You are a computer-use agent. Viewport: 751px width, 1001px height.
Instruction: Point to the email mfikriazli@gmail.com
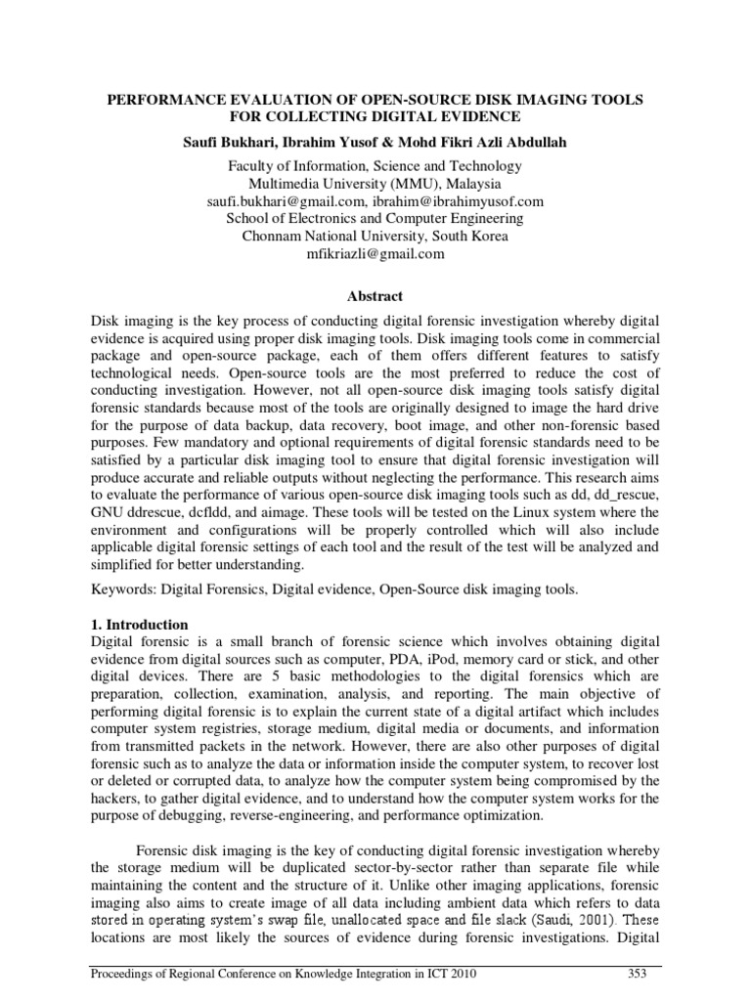[x=375, y=254]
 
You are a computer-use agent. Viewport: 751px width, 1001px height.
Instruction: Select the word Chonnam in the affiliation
[x=272, y=237]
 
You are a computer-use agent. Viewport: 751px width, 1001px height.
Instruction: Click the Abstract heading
[x=375, y=296]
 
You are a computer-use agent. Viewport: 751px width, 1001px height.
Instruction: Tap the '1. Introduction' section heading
[x=140, y=624]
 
